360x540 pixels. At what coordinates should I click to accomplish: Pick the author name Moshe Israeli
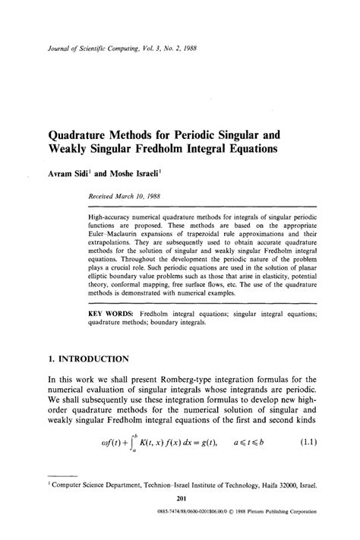tap(127, 173)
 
